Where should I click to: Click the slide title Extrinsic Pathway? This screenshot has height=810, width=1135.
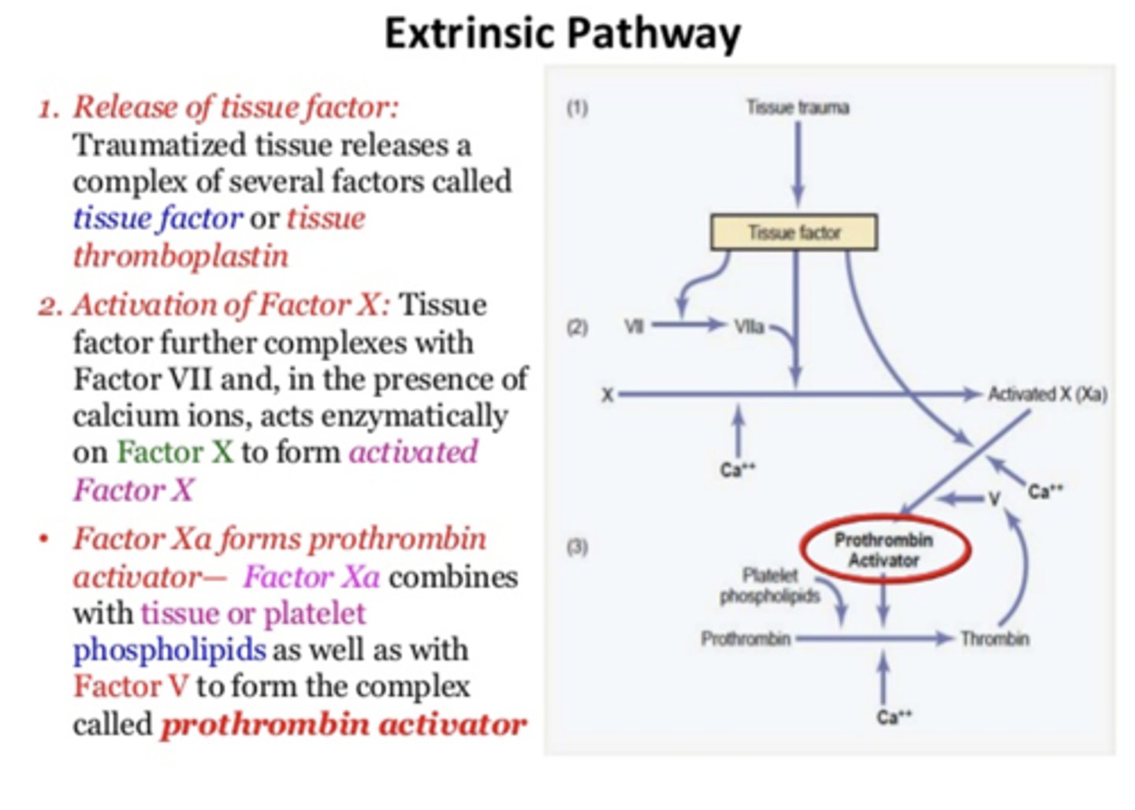[x=562, y=34]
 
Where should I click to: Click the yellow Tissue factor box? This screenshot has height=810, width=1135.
[x=794, y=232]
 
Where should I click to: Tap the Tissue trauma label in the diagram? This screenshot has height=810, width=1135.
[x=798, y=107]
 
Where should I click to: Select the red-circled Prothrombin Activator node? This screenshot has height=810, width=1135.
[x=884, y=550]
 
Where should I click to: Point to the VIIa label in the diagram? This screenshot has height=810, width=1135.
[x=749, y=325]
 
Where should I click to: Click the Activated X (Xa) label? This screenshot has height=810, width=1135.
[x=1048, y=394]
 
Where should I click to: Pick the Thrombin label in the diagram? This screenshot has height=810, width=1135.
[x=994, y=638]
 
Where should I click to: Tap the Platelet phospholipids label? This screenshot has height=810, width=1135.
[x=769, y=585]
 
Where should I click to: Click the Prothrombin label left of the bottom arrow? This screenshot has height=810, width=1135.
[x=746, y=638]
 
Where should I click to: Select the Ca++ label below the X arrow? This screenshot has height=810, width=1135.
[x=738, y=470]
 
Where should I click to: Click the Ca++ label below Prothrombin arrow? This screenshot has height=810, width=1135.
[x=894, y=717]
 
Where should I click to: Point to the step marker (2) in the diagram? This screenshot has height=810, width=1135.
[x=578, y=326]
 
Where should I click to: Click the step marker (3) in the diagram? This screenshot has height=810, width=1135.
[x=578, y=545]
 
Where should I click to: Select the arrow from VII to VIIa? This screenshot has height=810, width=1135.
[x=687, y=325]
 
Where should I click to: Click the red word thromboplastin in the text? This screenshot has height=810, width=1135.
[x=180, y=256]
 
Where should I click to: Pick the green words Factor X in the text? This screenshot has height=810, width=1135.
[x=175, y=452]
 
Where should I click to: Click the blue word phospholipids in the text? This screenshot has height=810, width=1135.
[x=169, y=650]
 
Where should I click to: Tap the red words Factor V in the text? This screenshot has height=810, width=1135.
[x=131, y=686]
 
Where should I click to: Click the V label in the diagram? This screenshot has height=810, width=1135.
[x=994, y=499]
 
